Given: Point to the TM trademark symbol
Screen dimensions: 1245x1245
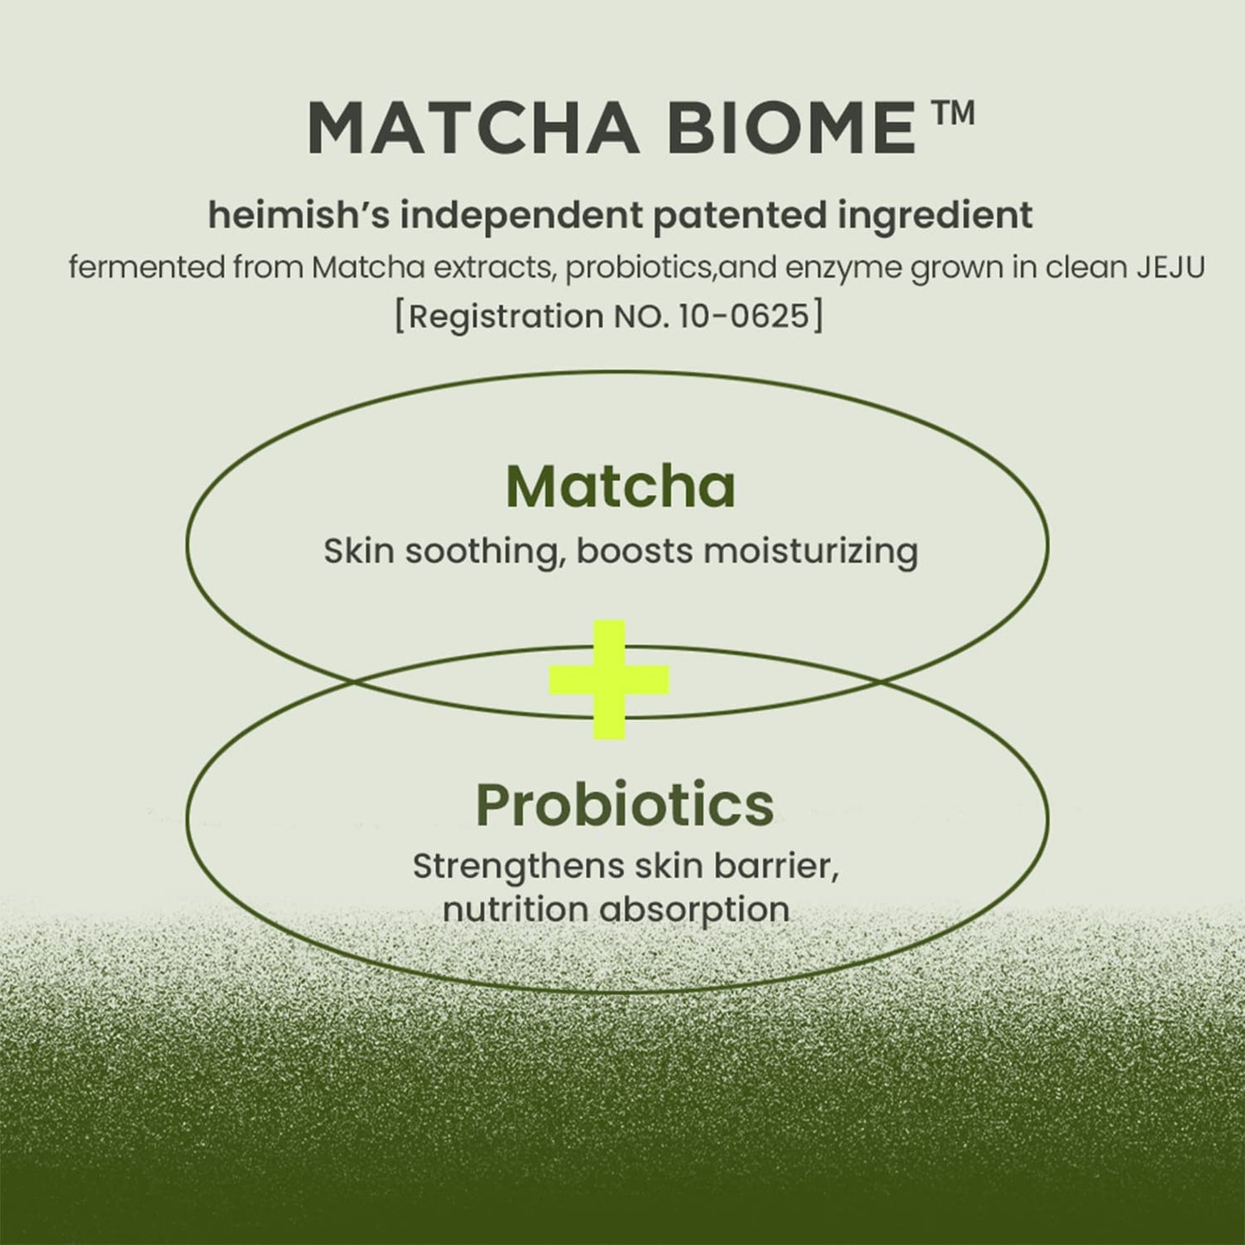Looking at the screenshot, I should (952, 115).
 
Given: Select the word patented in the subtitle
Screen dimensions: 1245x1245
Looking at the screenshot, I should (742, 215).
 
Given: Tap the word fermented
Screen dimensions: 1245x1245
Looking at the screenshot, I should (145, 268).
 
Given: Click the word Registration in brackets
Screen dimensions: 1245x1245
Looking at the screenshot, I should (505, 316).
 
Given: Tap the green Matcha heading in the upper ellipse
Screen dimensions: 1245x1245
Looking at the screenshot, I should (620, 487).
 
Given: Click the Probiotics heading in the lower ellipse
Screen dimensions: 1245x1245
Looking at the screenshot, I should (624, 804).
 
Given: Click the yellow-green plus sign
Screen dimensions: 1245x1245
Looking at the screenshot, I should (610, 680).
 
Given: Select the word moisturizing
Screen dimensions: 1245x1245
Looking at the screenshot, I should (810, 551).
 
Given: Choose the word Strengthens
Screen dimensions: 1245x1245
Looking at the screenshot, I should (518, 866).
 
